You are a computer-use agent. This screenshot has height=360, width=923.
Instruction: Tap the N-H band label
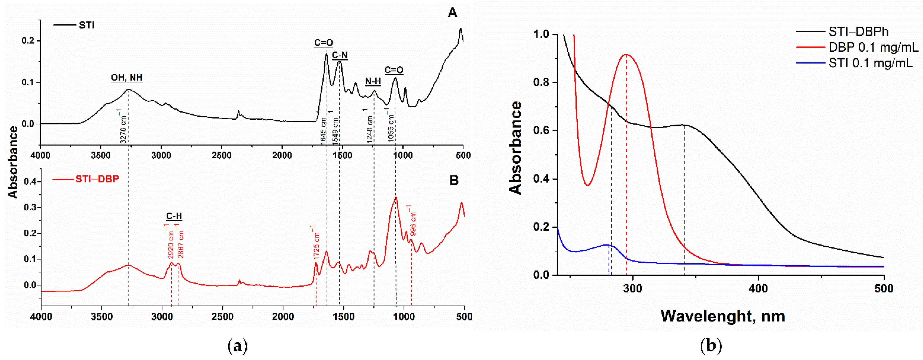(x=373, y=81)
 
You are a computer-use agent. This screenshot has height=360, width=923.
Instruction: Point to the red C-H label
(x=174, y=216)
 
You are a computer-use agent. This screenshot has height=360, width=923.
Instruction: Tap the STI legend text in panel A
(x=86, y=25)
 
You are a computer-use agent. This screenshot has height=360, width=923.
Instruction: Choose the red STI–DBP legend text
(x=97, y=179)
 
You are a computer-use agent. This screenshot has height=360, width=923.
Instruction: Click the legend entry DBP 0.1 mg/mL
(x=873, y=47)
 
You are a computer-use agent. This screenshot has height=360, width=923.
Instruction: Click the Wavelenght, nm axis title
(x=723, y=316)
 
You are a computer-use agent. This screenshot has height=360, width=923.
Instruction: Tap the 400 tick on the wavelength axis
(x=758, y=289)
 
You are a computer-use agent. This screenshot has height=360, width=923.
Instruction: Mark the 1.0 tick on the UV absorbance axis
(x=541, y=34)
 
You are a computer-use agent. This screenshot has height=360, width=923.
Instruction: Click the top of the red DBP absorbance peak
(x=626, y=54)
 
